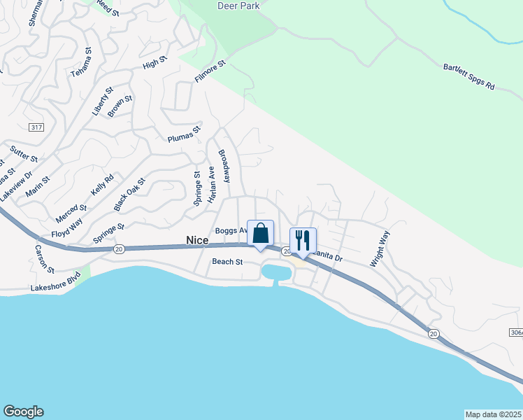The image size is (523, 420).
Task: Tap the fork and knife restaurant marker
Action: pyautogui.click(x=303, y=239)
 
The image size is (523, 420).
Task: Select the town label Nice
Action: pyautogui.click(x=197, y=240)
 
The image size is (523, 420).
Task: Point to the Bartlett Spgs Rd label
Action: pyautogui.click(x=468, y=77)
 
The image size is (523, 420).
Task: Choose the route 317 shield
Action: pyautogui.click(x=37, y=127)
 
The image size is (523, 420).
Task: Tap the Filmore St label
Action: pyautogui.click(x=211, y=72)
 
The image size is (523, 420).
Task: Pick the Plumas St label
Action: pyautogui.click(x=184, y=134)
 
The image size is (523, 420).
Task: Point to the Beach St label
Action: pyautogui.click(x=227, y=262)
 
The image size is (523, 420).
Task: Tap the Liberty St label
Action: pyautogui.click(x=102, y=101)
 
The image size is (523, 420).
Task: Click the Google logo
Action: pyautogui.click(x=23, y=412)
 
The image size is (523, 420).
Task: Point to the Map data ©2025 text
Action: pyautogui.click(x=493, y=414)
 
